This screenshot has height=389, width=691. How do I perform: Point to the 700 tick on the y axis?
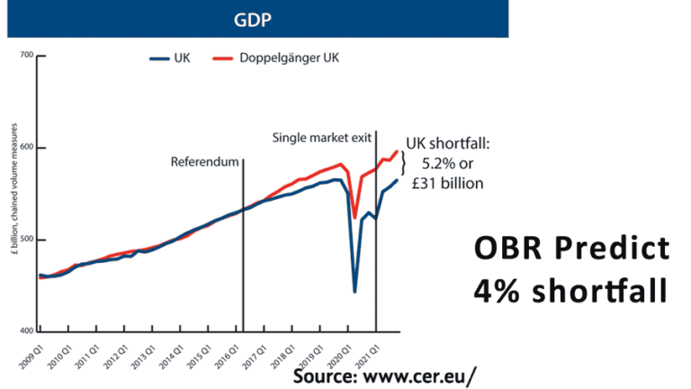(25, 56)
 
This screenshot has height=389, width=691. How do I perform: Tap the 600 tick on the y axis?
(25, 148)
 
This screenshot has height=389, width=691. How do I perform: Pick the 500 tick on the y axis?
(25, 240)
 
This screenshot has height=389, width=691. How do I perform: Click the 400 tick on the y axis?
(25, 331)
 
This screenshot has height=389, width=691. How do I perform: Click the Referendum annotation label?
(205, 162)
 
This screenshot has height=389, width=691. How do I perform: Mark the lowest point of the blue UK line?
(354, 291)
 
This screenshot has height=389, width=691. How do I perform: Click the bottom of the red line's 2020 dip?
(354, 218)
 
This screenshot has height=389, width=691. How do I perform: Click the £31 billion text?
(447, 184)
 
